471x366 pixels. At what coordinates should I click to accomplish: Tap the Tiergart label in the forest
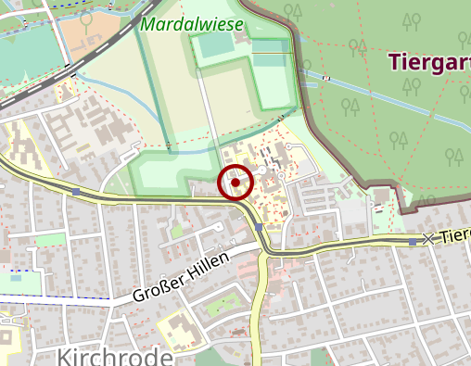tap(428, 62)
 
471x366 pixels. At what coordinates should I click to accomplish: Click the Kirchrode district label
tap(115, 358)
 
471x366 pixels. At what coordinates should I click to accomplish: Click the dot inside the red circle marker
tap(235, 183)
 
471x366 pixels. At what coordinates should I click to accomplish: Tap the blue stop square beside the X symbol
tap(413, 241)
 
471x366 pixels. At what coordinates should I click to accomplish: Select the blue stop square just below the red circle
tap(259, 226)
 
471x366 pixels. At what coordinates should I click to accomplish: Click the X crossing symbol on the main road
tap(427, 239)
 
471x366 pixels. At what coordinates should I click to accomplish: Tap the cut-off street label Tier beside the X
tap(453, 236)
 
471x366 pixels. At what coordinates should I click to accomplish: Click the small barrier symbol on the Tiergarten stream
tap(326, 78)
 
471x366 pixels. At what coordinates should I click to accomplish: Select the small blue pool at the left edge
tap(15, 276)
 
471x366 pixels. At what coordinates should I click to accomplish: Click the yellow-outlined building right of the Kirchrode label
tap(172, 328)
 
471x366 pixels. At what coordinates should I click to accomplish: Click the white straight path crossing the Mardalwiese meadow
tap(210, 111)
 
